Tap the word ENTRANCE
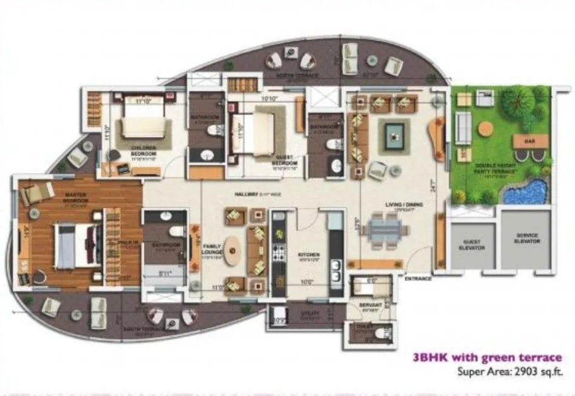(418, 279)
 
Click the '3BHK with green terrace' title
(487, 358)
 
